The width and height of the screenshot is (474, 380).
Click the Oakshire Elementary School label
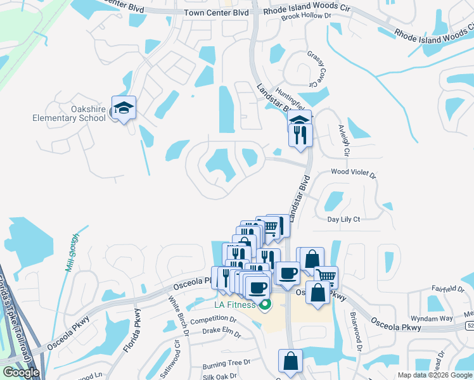tap(70, 113)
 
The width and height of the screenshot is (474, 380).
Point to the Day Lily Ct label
tap(343, 219)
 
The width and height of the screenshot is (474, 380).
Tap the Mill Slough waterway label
tap(72, 252)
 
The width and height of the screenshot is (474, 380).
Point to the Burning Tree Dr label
tap(226, 365)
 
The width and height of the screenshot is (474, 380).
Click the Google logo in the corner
tap(21, 372)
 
